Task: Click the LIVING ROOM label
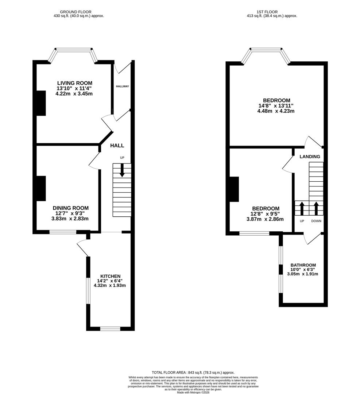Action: [74, 83]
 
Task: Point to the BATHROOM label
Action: [303, 265]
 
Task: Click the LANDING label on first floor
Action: [310, 157]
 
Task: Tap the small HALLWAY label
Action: [122, 86]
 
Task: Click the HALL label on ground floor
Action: [117, 146]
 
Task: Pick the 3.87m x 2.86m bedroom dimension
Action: [265, 219]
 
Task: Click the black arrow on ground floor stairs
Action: [122, 170]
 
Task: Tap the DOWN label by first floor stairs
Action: [316, 221]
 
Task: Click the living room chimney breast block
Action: [41, 103]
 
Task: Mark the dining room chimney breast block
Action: [41, 188]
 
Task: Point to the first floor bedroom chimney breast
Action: [234, 189]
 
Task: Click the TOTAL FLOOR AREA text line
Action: [193, 372]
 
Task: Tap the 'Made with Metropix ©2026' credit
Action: [194, 392]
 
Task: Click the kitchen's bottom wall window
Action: [110, 329]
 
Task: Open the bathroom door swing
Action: [312, 239]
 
